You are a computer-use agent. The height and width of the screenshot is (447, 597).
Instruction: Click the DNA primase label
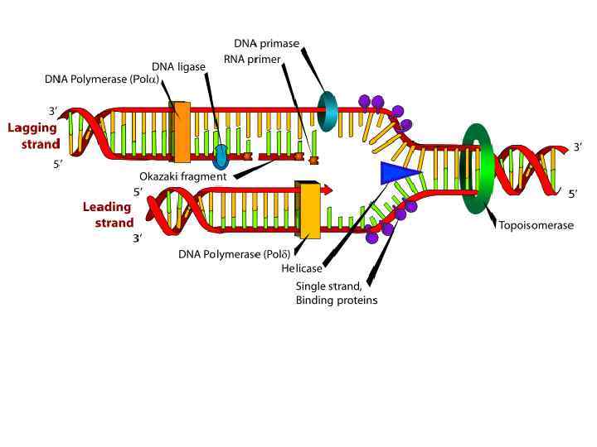point(266,43)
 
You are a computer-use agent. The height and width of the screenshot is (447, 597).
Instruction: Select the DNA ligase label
point(178,66)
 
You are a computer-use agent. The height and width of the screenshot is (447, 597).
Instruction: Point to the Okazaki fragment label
point(182,176)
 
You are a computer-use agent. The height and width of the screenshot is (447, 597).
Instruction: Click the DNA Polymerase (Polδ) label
point(233,254)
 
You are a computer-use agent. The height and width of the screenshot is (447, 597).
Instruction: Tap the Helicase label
point(301,268)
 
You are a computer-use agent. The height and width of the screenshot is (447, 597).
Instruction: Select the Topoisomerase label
point(536,225)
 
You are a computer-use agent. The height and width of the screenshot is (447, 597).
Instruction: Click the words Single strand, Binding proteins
point(336,293)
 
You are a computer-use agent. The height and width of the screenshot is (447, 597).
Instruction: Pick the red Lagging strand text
point(33,136)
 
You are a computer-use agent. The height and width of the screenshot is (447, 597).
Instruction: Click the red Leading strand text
point(108,215)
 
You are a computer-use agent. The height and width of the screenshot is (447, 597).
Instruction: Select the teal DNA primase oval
point(328,111)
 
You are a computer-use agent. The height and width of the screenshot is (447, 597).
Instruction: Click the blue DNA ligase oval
point(221,156)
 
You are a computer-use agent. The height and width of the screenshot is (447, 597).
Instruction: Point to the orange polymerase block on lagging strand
point(181,131)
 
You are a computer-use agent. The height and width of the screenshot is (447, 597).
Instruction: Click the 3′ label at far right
point(578,147)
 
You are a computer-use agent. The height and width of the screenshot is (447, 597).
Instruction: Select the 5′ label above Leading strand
point(138,192)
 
